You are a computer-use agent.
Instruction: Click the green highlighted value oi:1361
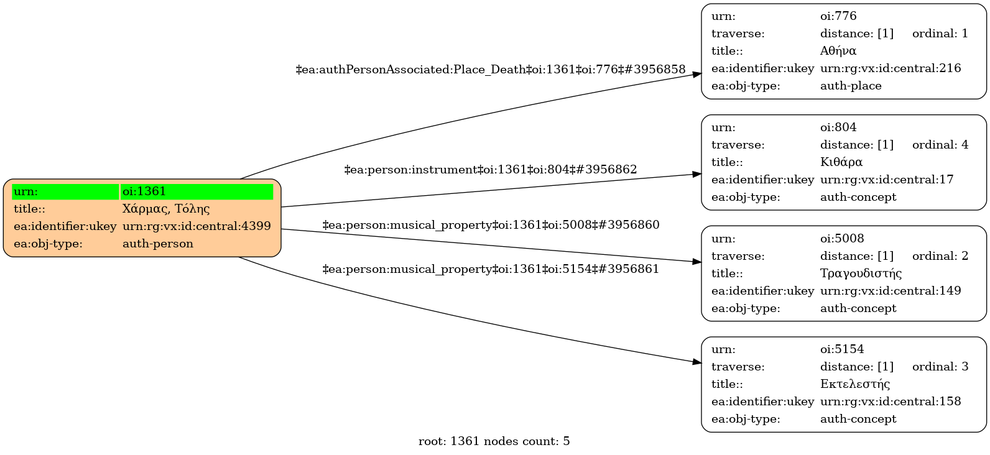tap(197, 191)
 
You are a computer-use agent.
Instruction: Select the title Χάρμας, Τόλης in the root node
tap(166, 209)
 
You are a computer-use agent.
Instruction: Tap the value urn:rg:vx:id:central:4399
tap(197, 226)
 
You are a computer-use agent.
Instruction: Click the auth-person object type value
tap(158, 244)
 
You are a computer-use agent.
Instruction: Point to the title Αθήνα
tap(838, 51)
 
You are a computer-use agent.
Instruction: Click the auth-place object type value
tap(851, 86)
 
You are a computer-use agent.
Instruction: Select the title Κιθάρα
tap(841, 162)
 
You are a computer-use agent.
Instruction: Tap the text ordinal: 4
tap(940, 145)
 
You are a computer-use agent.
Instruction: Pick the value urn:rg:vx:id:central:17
tap(887, 180)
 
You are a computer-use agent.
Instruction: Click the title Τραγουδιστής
tap(861, 273)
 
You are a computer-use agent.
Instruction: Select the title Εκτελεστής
tap(855, 384)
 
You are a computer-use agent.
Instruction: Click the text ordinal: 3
tap(940, 367)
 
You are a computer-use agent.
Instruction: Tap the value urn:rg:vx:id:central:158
tap(891, 402)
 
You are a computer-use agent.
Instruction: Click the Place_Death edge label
tap(491, 70)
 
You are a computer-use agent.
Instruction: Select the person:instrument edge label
tap(491, 170)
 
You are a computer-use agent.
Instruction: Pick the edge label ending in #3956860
tap(491, 225)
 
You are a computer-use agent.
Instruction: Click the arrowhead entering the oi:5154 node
tap(696, 362)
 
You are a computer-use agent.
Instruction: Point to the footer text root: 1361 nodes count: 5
tap(494, 441)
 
